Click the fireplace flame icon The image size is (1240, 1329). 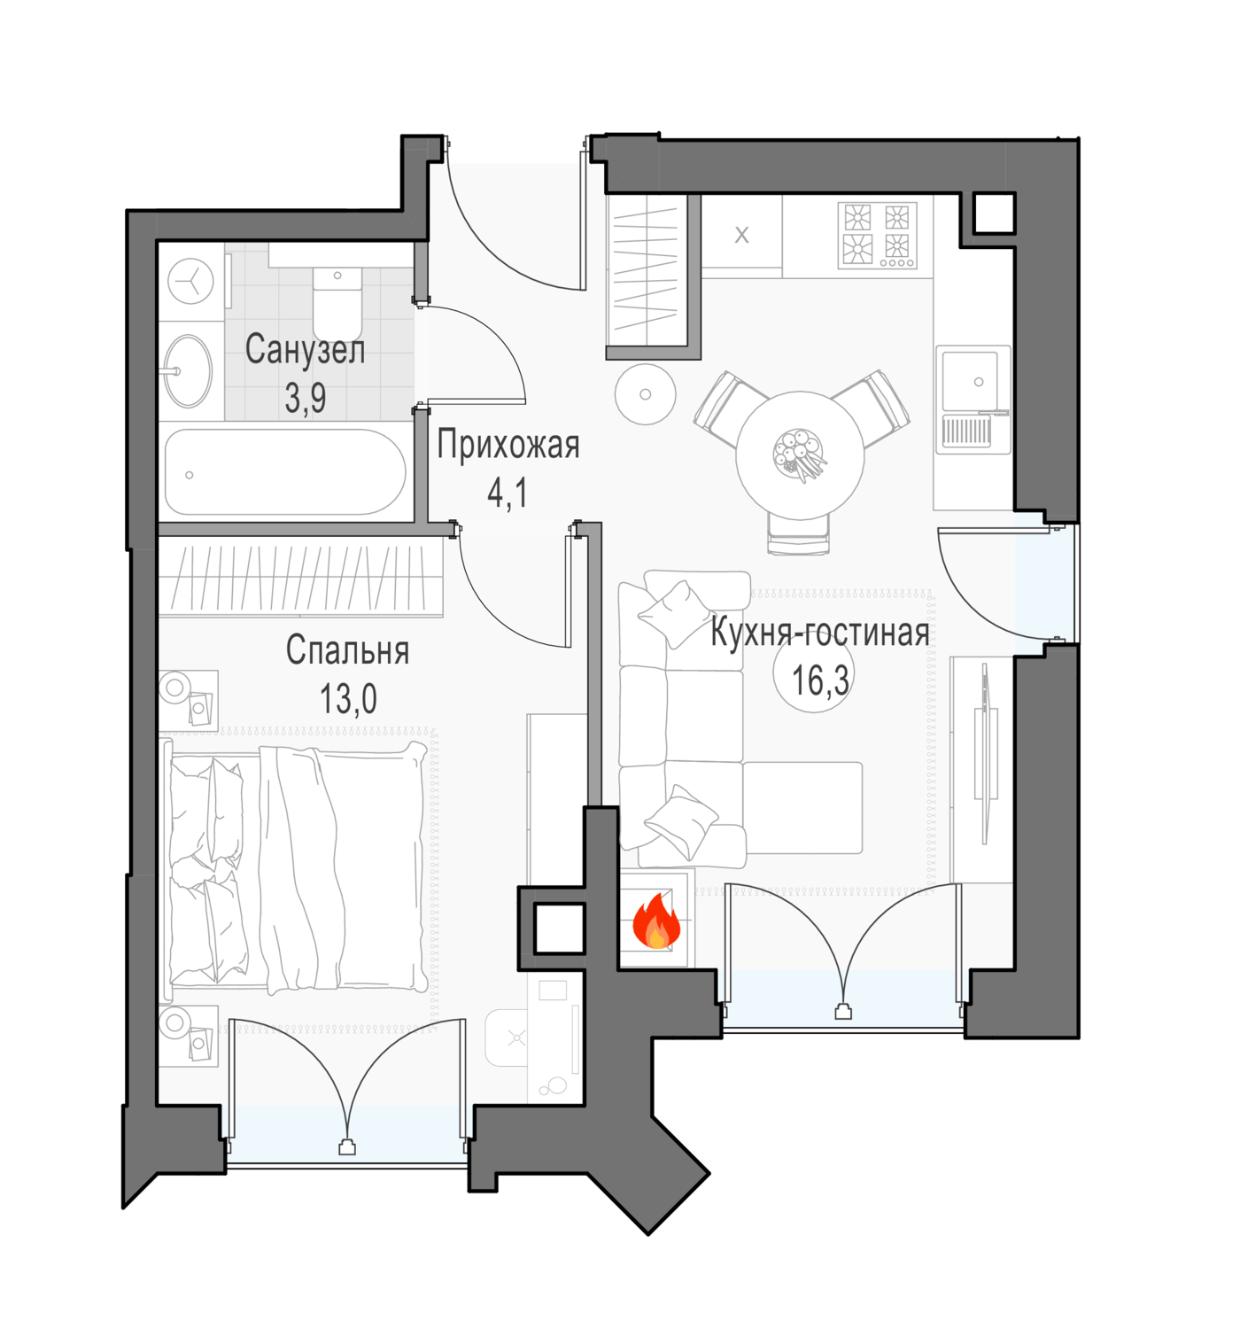point(655,923)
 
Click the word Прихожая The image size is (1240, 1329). point(508,445)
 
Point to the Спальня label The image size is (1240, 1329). point(347,649)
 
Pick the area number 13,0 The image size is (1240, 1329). point(348,699)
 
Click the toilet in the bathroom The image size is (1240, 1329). point(337,302)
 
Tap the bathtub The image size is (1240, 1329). point(285,471)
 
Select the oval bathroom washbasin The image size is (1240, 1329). point(189,370)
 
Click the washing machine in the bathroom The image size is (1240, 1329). point(190,283)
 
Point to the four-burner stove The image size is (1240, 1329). point(878,236)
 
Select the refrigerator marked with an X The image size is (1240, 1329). point(741,235)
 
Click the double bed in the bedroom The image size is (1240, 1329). point(294,867)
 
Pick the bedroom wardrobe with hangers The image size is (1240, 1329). point(300,579)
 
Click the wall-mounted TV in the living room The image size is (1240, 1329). point(986,753)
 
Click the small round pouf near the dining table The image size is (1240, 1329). point(645,394)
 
